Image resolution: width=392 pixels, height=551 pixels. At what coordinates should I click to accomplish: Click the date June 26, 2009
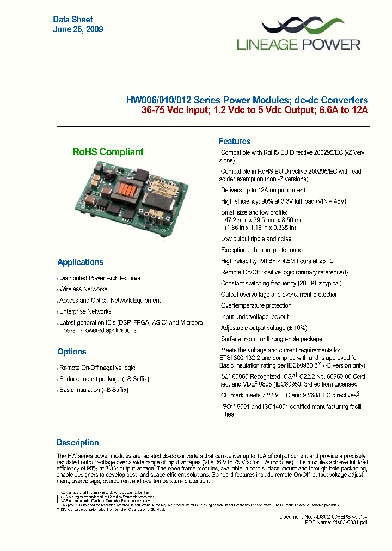78,29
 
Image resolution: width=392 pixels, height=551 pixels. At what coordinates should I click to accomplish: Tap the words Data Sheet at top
73,20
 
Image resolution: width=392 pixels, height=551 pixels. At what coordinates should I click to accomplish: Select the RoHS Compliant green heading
108,152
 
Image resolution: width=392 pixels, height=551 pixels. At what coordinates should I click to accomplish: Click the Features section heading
235,141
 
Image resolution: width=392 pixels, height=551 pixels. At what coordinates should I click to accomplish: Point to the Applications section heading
80,262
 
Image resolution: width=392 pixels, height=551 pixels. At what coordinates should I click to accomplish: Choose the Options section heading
72,352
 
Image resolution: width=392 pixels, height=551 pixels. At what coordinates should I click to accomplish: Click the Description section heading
78,443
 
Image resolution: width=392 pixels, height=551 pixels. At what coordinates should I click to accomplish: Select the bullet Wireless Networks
83,289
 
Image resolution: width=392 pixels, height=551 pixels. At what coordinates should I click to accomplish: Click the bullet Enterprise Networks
85,311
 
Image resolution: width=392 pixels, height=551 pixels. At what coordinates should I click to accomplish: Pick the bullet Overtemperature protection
256,305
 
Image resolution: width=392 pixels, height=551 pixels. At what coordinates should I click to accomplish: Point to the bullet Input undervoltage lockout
255,317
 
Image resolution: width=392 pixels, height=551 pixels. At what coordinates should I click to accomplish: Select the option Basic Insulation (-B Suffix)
94,390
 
